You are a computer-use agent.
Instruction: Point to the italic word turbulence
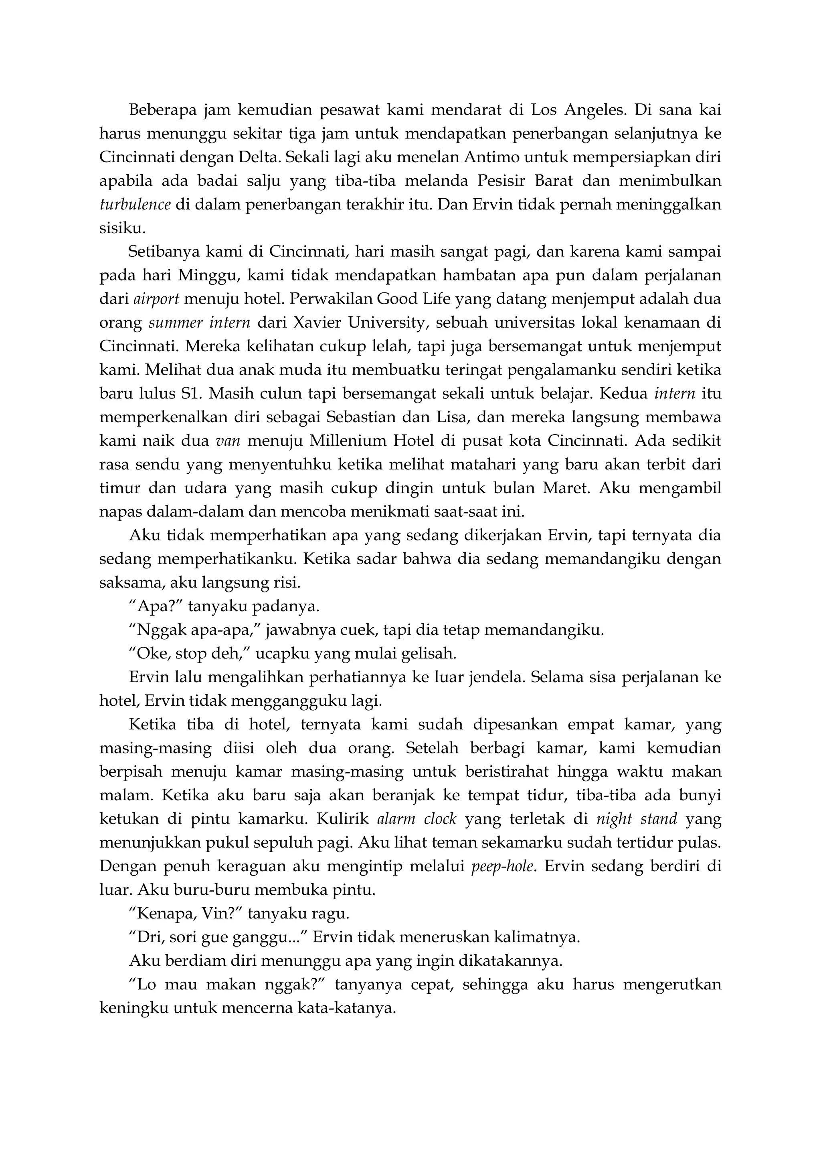pos(134,205)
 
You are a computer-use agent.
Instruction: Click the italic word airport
pos(156,299)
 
